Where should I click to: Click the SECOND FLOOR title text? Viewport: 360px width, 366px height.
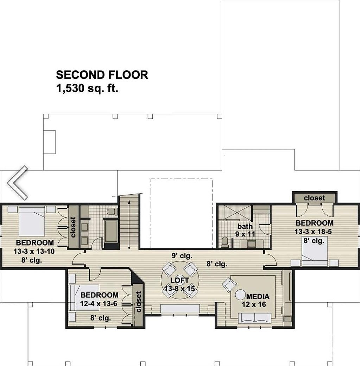[102, 75]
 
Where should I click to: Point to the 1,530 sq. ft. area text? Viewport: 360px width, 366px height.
[87, 89]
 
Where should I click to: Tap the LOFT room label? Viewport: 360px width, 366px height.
[180, 280]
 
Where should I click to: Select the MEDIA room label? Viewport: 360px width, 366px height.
[258, 296]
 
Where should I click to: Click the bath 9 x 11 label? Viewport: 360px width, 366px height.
[245, 230]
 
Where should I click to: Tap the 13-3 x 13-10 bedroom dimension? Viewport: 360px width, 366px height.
[34, 251]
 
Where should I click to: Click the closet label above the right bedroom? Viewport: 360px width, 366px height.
[314, 198]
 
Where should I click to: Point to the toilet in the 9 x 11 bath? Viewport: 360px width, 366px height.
[225, 242]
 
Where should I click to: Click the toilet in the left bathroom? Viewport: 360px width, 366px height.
[112, 212]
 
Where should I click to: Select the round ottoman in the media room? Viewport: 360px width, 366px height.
[241, 295]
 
